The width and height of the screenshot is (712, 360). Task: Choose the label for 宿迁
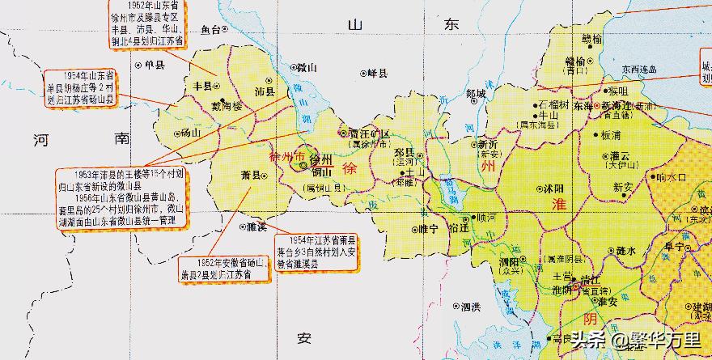[459, 229]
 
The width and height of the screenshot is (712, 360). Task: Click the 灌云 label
[621, 156]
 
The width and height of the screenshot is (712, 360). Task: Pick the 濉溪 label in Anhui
[256, 227]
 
